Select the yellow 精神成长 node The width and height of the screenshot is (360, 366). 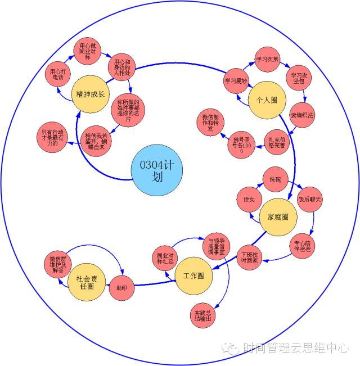[91, 94]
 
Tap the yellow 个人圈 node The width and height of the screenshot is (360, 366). [267, 100]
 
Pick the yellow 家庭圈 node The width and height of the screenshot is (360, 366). [278, 217]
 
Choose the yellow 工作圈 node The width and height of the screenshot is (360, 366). [193, 275]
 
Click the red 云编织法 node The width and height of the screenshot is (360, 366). [302, 115]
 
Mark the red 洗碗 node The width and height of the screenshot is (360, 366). [275, 180]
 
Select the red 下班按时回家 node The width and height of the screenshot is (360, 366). [249, 256]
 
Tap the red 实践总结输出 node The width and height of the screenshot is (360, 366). [203, 317]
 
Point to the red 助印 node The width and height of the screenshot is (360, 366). [121, 287]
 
